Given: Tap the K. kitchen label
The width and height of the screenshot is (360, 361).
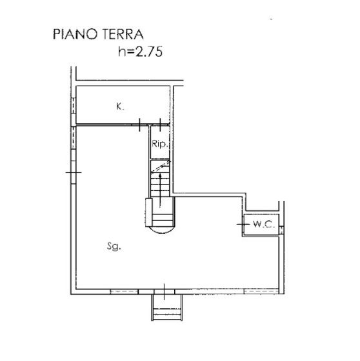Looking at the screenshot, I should [x=120, y=107].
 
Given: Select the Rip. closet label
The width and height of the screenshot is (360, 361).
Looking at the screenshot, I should [x=159, y=145].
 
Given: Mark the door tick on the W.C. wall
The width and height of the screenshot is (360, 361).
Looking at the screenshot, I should [x=243, y=224].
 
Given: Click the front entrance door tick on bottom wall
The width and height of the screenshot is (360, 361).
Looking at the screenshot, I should [x=166, y=292].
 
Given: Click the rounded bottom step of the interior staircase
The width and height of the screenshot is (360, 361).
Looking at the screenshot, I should [x=161, y=226].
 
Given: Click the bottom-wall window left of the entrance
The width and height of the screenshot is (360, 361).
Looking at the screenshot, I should [x=124, y=293].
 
